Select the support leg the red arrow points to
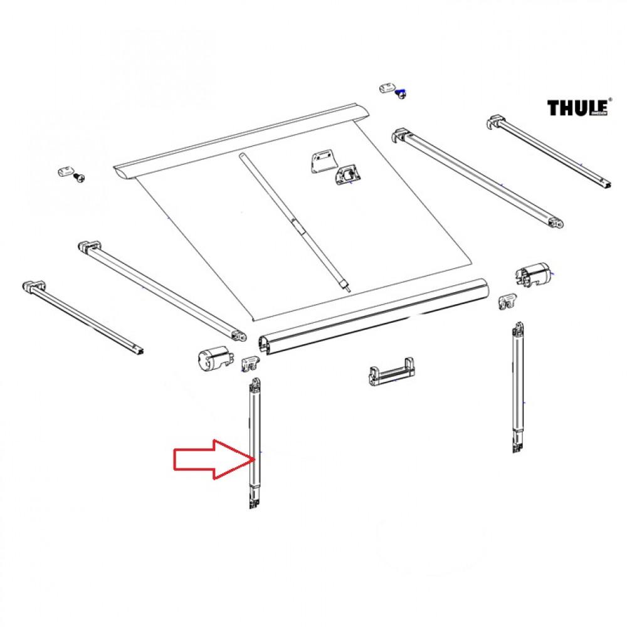tap(255, 445)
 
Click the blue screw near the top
tap(402, 95)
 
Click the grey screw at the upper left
tap(79, 177)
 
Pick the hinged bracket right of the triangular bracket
tap(347, 176)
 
